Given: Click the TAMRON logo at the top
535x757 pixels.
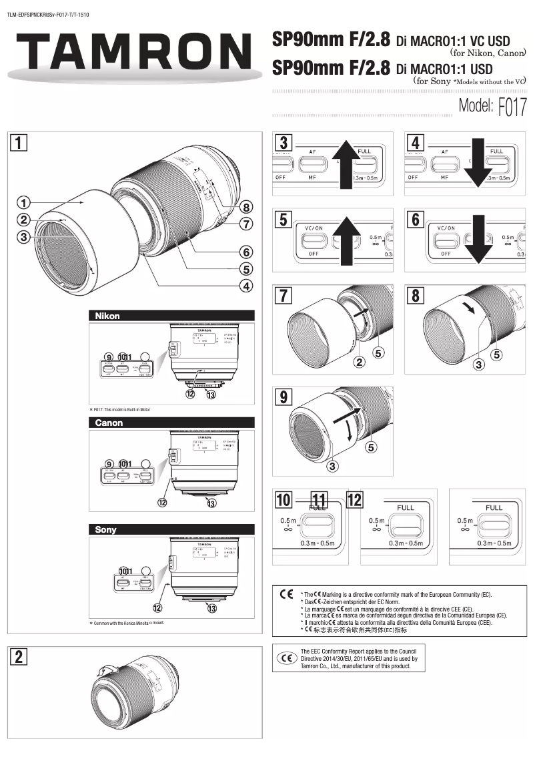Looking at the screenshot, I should coord(130,52).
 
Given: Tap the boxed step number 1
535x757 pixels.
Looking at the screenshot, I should coord(20,142).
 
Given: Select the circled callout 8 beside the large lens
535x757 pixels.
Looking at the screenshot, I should coord(247,207).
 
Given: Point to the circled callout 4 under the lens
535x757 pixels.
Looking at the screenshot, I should coord(247,286).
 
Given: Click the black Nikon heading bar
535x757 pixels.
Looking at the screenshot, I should coord(171,316).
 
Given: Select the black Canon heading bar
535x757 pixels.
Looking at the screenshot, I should coord(171,423).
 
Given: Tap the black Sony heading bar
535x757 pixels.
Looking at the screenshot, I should coord(171,529).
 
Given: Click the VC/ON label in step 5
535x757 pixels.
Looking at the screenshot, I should coord(314,228).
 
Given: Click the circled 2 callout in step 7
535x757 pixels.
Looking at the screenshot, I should coord(360,363).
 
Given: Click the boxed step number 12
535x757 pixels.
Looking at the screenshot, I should coord(355,500).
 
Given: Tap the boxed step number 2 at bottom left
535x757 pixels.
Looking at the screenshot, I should coord(20,656).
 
